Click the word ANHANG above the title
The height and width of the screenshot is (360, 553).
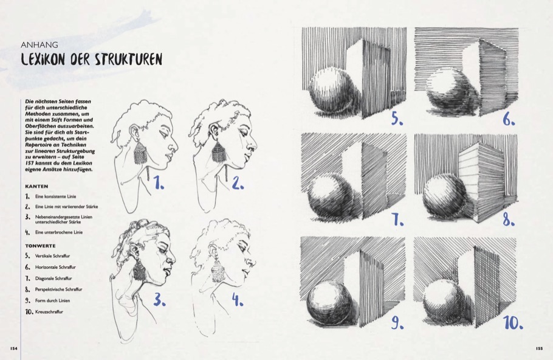[39, 45]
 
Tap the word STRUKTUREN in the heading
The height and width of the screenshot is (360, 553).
[128, 60]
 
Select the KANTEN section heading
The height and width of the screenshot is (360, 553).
[36, 186]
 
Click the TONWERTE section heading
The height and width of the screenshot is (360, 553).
[40, 246]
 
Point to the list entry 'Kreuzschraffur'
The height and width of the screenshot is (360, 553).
[49, 312]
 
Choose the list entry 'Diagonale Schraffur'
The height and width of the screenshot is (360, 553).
[53, 279]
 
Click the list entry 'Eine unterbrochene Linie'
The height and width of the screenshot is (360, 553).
[59, 232]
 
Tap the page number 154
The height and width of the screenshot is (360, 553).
[14, 348]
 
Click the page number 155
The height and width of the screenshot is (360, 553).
[539, 348]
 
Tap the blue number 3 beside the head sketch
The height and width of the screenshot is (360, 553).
[159, 299]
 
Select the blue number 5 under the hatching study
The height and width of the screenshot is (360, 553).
[397, 119]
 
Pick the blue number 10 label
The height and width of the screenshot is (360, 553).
[513, 322]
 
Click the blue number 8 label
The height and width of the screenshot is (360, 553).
[509, 220]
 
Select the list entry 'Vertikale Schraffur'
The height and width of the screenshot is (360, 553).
[52, 256]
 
